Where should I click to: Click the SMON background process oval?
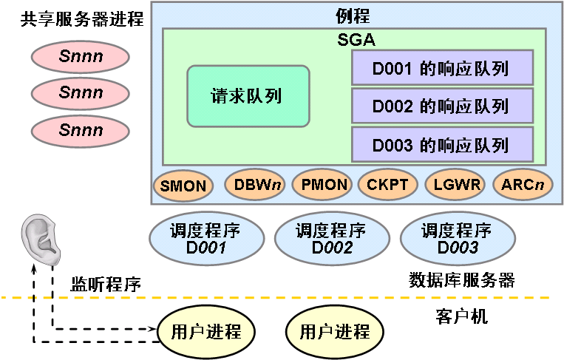point(183,185)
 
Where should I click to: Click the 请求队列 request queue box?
point(248,96)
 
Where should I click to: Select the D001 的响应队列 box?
point(441,69)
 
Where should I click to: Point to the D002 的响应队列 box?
point(441,106)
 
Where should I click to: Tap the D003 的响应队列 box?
point(441,145)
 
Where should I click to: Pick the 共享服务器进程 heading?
point(81,18)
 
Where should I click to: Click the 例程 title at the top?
point(353,15)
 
